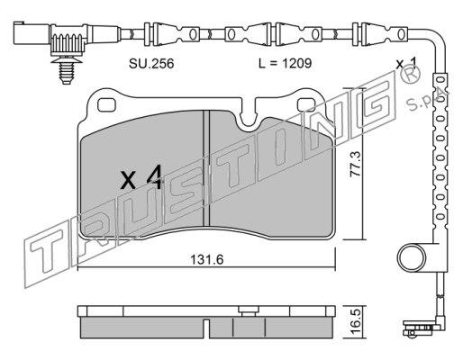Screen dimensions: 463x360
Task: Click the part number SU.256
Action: click(151, 64)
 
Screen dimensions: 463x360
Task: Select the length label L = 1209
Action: click(285, 64)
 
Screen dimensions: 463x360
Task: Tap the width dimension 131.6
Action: click(207, 260)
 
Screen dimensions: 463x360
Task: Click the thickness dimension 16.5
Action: click(357, 323)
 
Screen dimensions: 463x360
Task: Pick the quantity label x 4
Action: click(141, 177)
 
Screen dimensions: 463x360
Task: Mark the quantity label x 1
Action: click(406, 64)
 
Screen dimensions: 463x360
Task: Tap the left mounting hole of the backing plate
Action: click(106, 104)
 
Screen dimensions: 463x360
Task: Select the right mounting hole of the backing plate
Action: click(305, 104)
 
